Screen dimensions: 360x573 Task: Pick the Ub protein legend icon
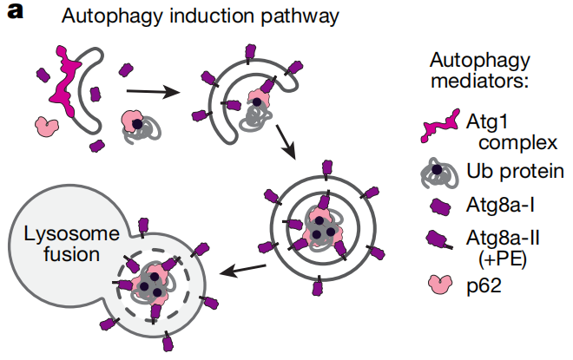pos(440,173)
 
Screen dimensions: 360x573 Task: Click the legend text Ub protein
pos(507,173)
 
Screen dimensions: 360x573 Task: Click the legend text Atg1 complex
pos(504,131)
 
